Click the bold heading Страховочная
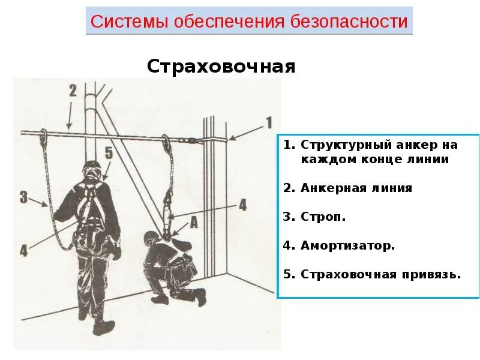click(221, 66)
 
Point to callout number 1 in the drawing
click(269, 123)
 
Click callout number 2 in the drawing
click(73, 91)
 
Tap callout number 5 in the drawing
click(108, 152)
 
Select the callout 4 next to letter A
click(242, 205)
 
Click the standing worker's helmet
click(91, 169)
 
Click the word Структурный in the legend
click(337, 145)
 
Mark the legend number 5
click(289, 274)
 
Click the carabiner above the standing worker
click(43, 136)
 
